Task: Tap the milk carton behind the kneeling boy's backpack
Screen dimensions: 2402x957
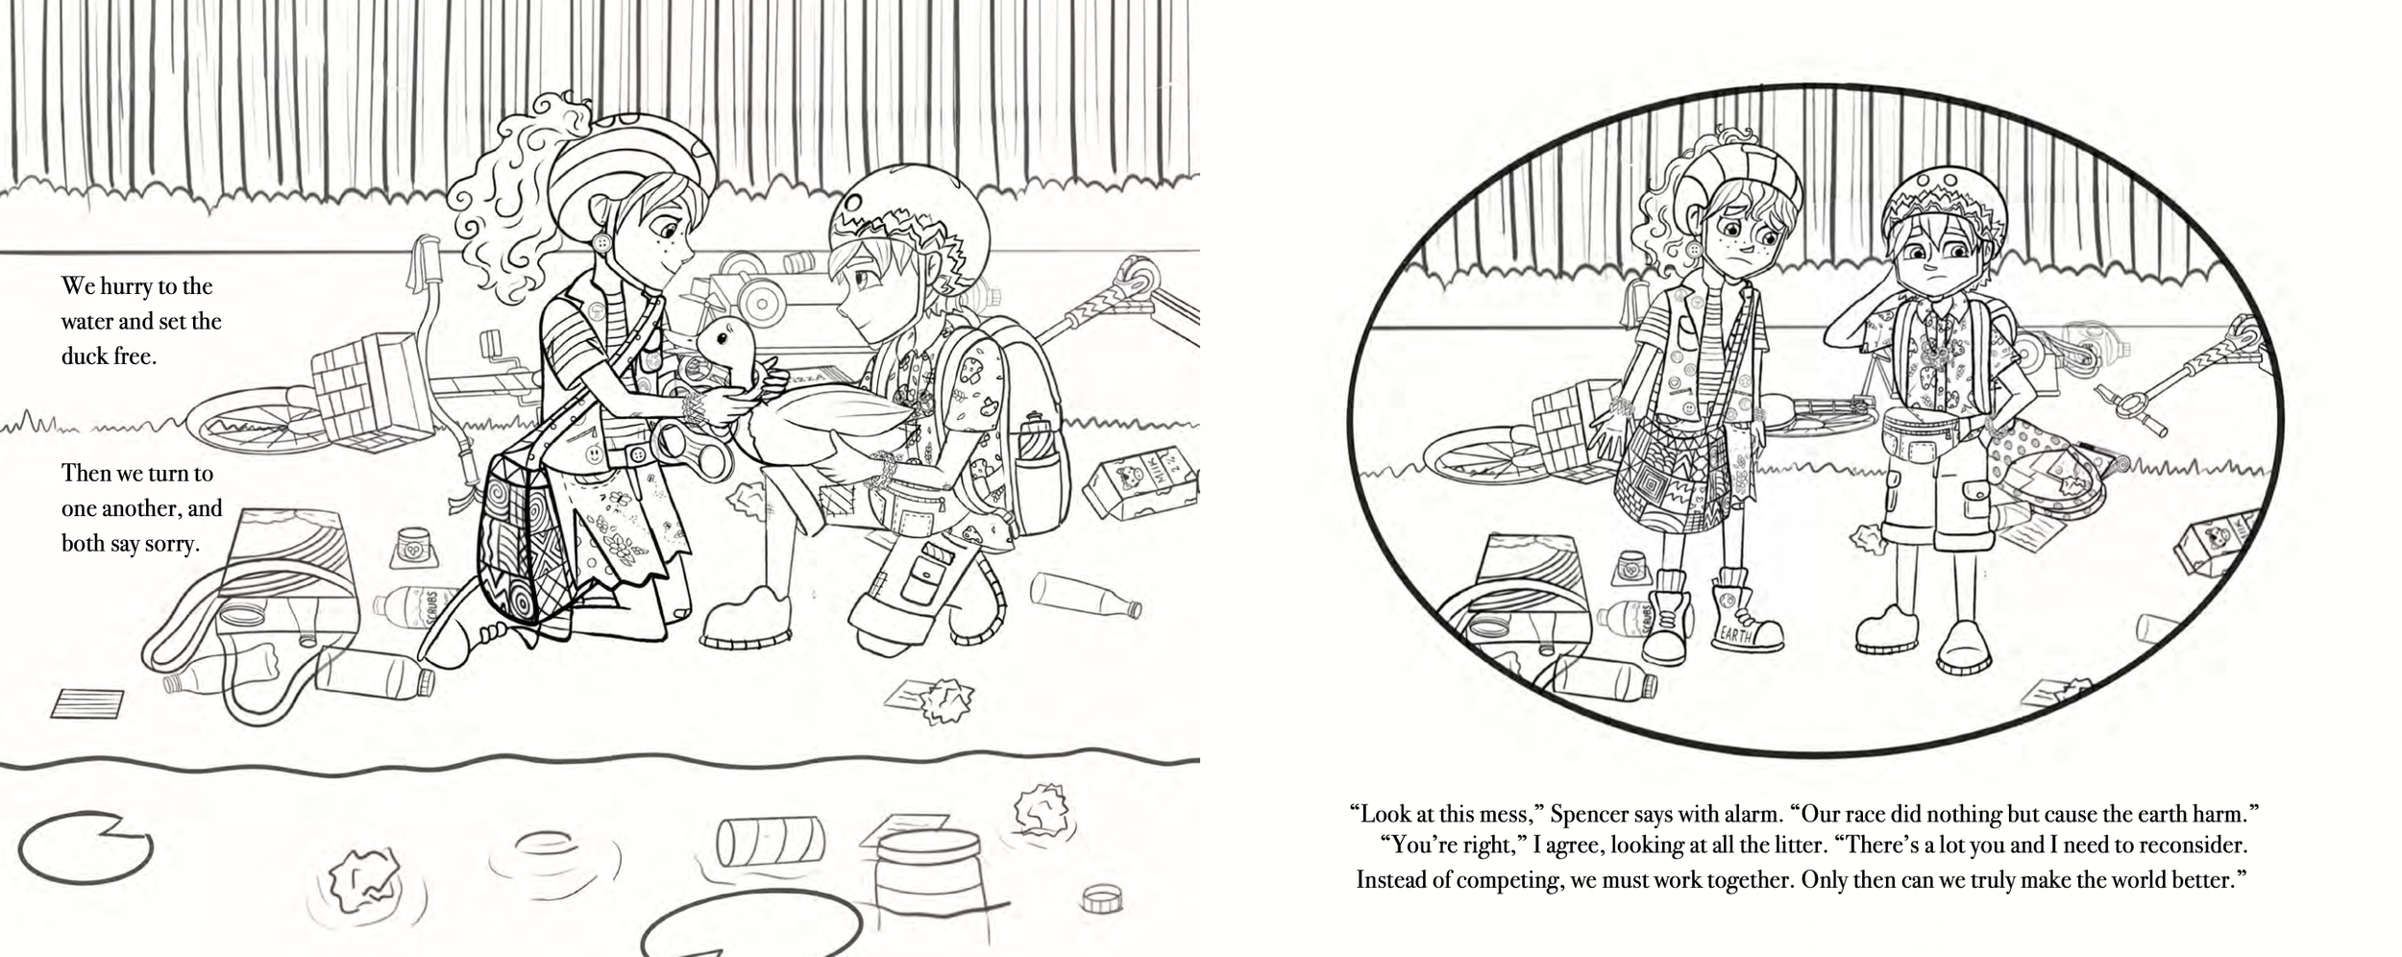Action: tap(1141, 484)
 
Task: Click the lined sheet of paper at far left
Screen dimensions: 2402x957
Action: tap(87, 703)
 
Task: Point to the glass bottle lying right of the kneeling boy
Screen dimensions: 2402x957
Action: tap(1087, 595)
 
